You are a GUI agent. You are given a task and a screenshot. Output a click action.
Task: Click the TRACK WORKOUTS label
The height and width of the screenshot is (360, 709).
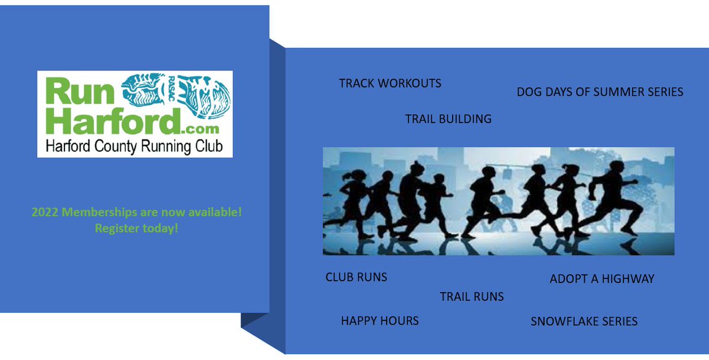390,83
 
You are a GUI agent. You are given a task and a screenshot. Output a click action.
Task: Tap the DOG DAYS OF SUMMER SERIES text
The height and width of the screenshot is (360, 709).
600,92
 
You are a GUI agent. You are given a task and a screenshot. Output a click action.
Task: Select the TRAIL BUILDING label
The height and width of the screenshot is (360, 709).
448,119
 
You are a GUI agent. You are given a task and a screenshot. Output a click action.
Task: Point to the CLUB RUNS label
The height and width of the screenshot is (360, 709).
356,277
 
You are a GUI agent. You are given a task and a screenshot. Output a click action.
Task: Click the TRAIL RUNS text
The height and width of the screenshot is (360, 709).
471,297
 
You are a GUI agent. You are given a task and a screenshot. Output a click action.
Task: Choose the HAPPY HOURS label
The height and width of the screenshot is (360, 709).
379,321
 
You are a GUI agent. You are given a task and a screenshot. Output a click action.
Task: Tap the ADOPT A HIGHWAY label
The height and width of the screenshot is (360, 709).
601,279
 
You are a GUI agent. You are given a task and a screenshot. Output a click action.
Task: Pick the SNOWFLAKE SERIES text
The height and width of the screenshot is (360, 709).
584,322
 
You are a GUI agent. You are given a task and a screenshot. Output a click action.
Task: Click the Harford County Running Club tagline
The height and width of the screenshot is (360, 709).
135,146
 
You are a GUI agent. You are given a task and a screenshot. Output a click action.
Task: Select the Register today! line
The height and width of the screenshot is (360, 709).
136,228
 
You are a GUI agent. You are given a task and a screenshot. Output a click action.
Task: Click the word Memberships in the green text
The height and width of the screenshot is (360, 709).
95,212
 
